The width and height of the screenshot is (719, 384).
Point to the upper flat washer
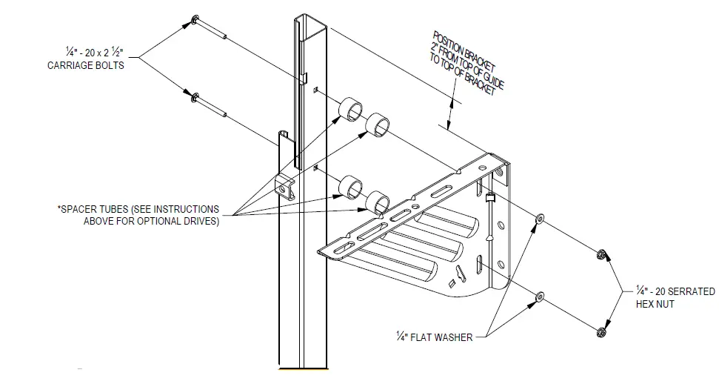tap(538, 219)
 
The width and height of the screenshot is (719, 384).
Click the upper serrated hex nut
tap(602, 255)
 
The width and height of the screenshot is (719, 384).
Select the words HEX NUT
tap(655, 304)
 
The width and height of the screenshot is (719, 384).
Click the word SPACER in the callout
tap(80, 209)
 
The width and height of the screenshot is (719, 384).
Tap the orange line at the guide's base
tap(302, 368)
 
